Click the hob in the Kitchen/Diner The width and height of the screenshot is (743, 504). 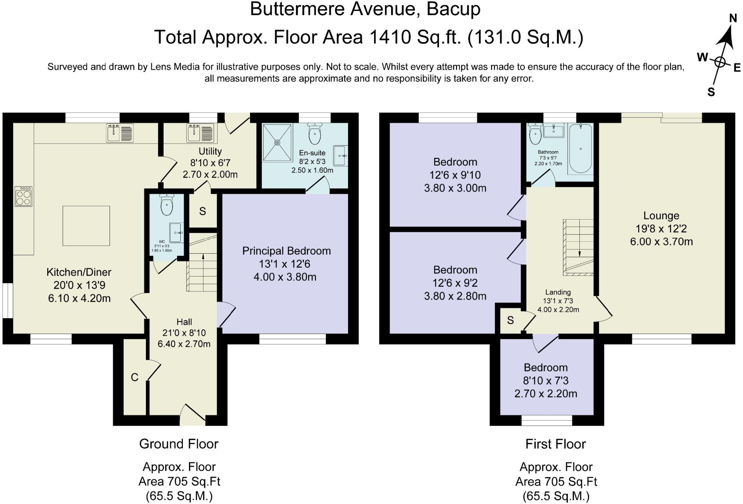(24, 196)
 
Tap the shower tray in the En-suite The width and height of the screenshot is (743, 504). (277, 143)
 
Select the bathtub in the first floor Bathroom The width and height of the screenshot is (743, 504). (580, 149)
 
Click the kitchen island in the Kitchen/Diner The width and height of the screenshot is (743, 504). (86, 226)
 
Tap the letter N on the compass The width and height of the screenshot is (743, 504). (733, 19)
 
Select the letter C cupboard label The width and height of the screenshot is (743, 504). (135, 377)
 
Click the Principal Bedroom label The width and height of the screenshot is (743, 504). (286, 251)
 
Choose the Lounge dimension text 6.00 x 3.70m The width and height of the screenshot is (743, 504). (661, 242)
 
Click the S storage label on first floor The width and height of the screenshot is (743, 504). (510, 320)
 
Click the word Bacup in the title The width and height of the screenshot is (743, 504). (453, 9)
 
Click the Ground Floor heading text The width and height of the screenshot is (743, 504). (178, 444)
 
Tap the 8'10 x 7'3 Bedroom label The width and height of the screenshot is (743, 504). (545, 381)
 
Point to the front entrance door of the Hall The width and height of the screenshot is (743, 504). (193, 417)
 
